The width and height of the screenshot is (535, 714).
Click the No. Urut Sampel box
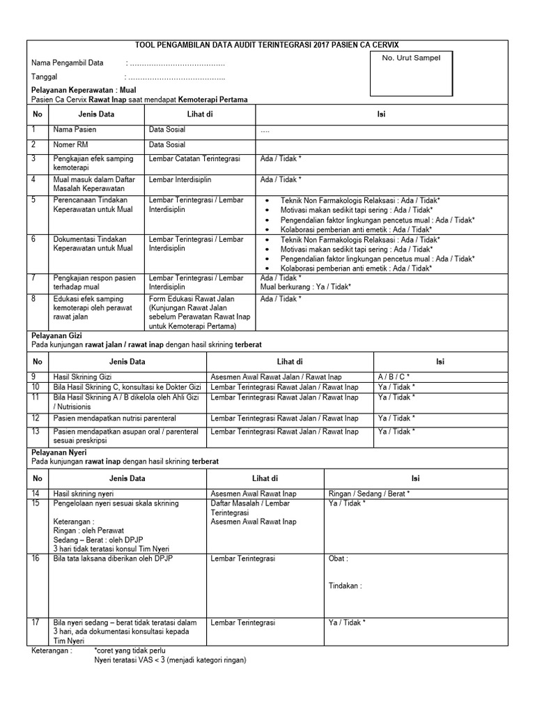coord(411,73)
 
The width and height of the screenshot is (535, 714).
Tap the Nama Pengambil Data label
coord(68,63)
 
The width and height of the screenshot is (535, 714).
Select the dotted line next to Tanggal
coord(175,77)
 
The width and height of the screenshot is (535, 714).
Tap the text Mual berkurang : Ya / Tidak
coord(305,287)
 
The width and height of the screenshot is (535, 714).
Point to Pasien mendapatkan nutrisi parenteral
coord(115,418)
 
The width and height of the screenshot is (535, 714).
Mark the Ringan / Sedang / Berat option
coord(369,494)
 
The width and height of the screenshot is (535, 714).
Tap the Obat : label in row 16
coord(338,559)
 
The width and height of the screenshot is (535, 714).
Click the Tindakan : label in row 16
coord(345,586)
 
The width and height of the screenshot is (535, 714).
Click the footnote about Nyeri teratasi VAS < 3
coord(170,660)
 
